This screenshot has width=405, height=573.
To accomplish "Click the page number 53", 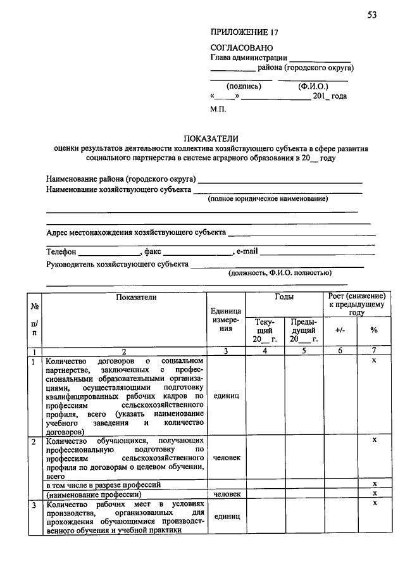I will coord(371,15).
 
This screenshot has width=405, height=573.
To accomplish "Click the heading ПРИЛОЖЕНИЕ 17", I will coord(244,32).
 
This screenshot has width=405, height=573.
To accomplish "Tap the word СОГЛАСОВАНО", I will coord(241,48).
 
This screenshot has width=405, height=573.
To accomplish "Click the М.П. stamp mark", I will coord(218,109).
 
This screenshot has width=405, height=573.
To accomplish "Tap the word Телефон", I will coord(61,252).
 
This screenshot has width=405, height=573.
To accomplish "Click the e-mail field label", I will coord(247,252).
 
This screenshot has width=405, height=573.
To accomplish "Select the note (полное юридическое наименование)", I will coord(268,199).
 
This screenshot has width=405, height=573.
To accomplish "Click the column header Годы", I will coord(284,296).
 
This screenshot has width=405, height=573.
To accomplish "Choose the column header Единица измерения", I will coord(227,320).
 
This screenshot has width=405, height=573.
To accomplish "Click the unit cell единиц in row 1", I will coord(227,396).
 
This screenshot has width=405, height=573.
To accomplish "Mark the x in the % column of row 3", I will coord(374,503).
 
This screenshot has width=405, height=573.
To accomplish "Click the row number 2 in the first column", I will coord(34,439).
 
